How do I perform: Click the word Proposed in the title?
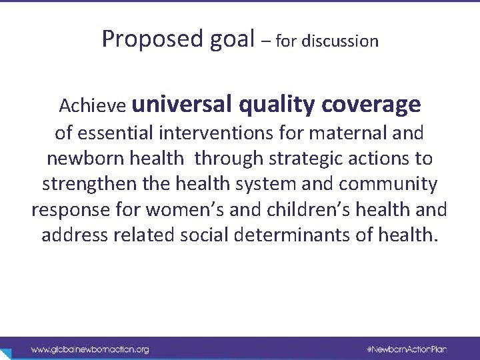point(143,40)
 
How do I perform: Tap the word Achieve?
point(93,105)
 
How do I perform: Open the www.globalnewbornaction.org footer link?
point(89,349)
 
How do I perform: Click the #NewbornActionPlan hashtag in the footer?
point(411,349)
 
